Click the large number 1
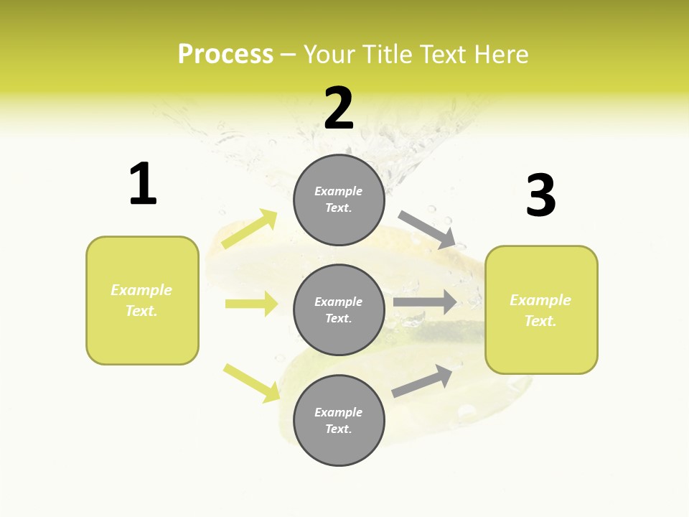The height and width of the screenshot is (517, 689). click(x=143, y=184)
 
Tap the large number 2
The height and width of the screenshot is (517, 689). click(x=339, y=108)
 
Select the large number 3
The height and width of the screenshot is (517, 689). click(x=541, y=196)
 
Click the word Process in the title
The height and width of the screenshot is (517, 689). click(x=225, y=54)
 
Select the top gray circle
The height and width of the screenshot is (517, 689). click(x=339, y=200)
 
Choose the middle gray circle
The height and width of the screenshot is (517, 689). click(x=339, y=309)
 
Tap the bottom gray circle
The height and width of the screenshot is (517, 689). click(x=339, y=420)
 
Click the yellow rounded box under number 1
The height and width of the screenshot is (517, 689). click(x=142, y=300)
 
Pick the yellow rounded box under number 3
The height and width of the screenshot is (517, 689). click(x=541, y=309)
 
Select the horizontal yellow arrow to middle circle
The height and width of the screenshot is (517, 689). click(x=251, y=303)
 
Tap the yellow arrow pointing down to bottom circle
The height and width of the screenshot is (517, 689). click(x=252, y=383)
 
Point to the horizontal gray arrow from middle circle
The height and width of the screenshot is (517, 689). click(x=425, y=302)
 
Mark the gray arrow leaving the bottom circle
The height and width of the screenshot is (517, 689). click(x=423, y=381)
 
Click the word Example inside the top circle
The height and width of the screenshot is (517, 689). click(x=339, y=191)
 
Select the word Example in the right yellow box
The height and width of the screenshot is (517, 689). click(x=540, y=300)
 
